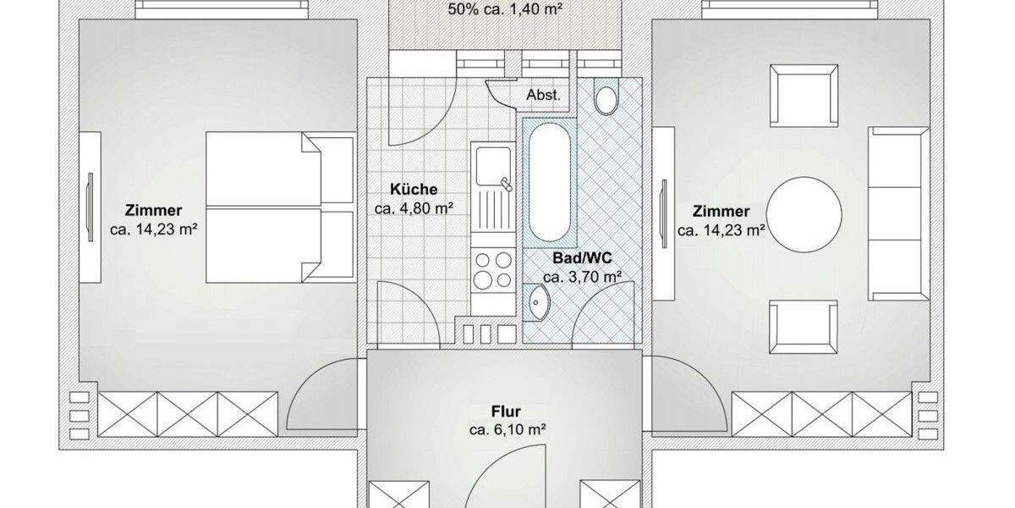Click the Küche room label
(414, 190)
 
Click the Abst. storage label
(543, 95)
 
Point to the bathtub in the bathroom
(549, 183)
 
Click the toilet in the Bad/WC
(606, 97)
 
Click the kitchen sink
(493, 174)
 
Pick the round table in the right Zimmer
(804, 214)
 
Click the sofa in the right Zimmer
(898, 214)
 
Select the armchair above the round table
(803, 97)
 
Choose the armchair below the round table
(803, 325)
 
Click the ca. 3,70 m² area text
(583, 277)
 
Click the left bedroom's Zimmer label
(153, 210)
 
